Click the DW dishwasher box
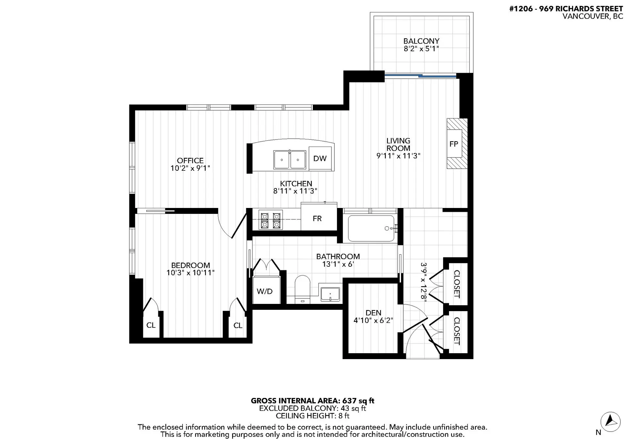coord(320,158)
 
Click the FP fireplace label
coord(454,144)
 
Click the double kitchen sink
coord(290,160)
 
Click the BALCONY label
coord(421,41)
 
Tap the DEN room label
coord(373,313)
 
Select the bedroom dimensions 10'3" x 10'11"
coord(190,273)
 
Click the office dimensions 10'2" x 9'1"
coord(190,168)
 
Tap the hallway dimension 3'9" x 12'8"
coord(424,282)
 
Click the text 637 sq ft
coord(358,401)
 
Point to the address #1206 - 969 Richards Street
coord(566,9)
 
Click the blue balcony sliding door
coord(421,76)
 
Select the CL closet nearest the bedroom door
coord(238,325)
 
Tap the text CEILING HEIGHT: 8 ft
coord(312,416)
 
